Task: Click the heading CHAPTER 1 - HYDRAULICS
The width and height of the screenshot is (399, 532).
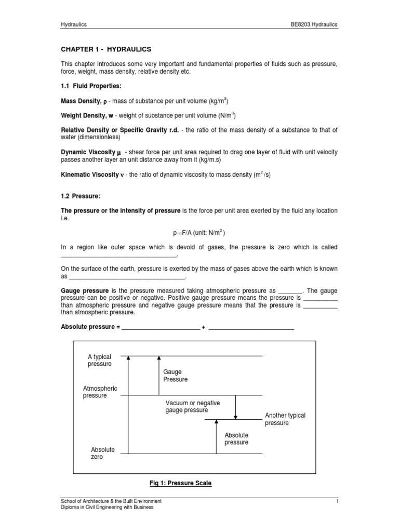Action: click(106, 49)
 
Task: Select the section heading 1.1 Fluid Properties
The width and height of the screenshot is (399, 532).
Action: click(91, 86)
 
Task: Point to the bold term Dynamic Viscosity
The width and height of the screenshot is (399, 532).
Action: click(91, 152)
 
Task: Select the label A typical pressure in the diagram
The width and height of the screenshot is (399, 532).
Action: click(100, 361)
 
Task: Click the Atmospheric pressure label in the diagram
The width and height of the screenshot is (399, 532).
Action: click(100, 392)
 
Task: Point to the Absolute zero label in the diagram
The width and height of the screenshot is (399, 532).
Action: click(102, 453)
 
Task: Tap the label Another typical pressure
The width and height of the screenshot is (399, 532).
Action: click(285, 419)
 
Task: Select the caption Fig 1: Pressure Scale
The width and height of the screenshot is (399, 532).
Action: click(180, 483)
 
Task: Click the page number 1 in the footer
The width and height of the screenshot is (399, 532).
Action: click(337, 501)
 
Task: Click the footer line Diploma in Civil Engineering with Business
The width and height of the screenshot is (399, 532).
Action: click(107, 508)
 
